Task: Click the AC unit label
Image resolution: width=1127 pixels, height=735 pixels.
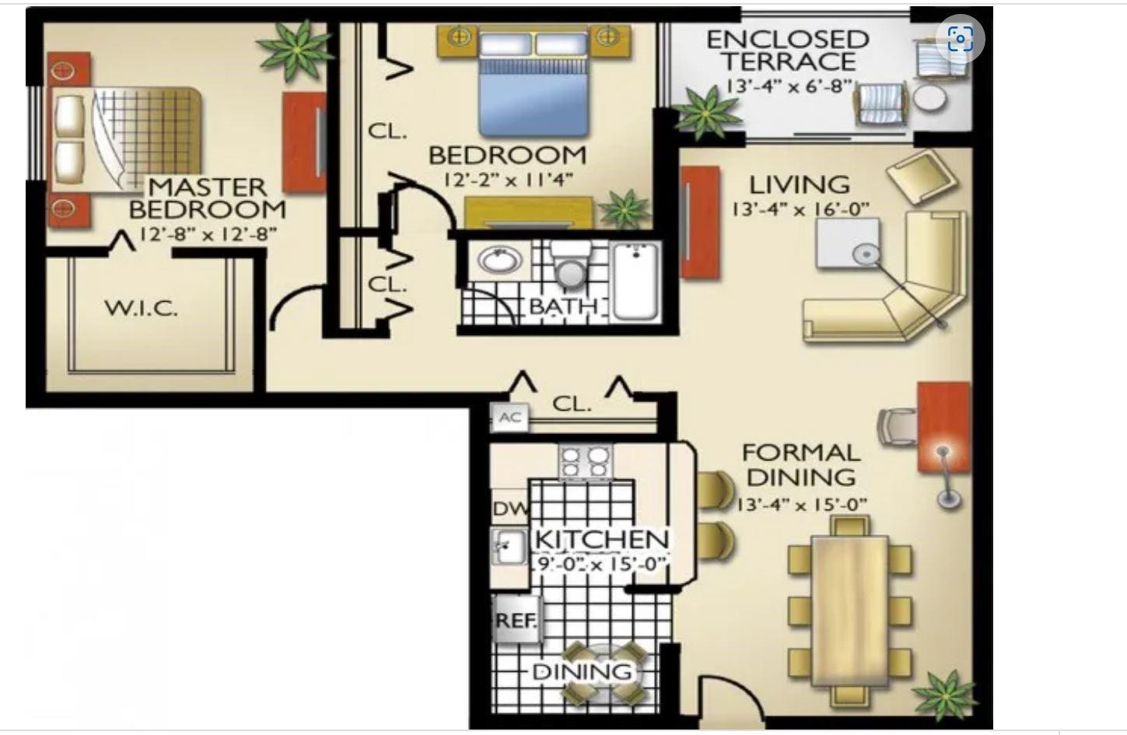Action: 509,418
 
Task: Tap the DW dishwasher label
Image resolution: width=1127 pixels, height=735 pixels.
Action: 509,510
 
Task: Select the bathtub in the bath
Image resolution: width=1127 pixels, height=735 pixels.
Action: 635,279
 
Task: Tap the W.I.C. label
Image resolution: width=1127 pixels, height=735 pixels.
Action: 142,308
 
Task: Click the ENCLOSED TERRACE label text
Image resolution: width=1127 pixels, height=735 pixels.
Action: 787,51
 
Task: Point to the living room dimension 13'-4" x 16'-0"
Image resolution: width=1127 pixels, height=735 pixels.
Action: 800,209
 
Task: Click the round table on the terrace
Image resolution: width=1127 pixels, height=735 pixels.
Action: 929,98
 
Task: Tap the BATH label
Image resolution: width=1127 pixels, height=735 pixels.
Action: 562,306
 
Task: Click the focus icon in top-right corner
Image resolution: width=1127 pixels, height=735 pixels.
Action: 961,38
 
